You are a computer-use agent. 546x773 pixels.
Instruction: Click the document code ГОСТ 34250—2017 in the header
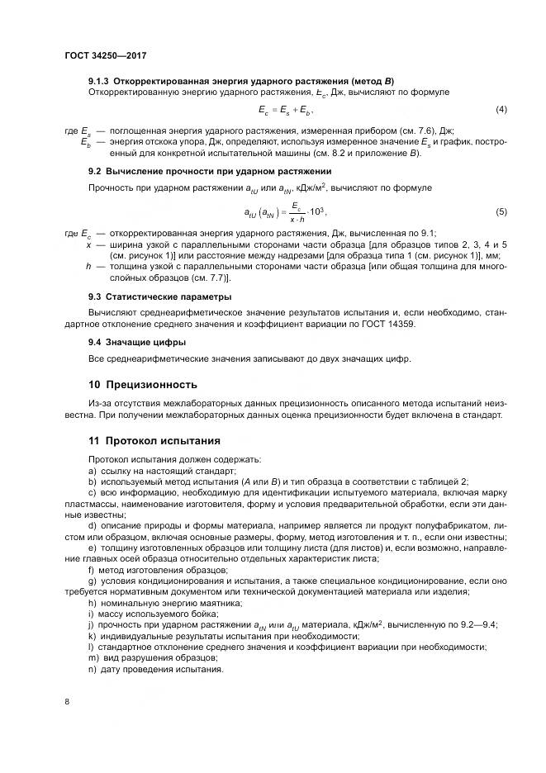click(110, 56)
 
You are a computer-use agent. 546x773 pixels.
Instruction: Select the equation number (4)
click(501, 111)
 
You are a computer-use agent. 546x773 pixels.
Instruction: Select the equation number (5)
click(501, 213)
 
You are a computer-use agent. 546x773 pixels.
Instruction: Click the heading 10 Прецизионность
click(142, 384)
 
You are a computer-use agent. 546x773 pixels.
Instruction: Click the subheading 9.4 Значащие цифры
click(136, 341)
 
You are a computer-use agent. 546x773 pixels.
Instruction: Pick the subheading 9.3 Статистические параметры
click(159, 296)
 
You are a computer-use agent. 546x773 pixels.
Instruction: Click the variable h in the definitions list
click(88, 267)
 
